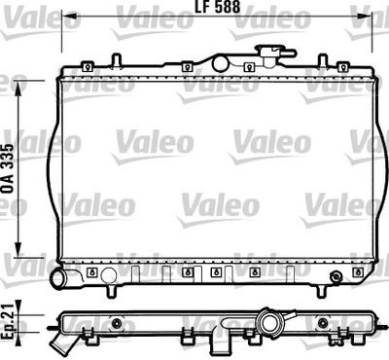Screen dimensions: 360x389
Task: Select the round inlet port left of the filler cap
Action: pos(221,63)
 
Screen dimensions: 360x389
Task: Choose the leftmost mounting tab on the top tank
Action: pos(88,66)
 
